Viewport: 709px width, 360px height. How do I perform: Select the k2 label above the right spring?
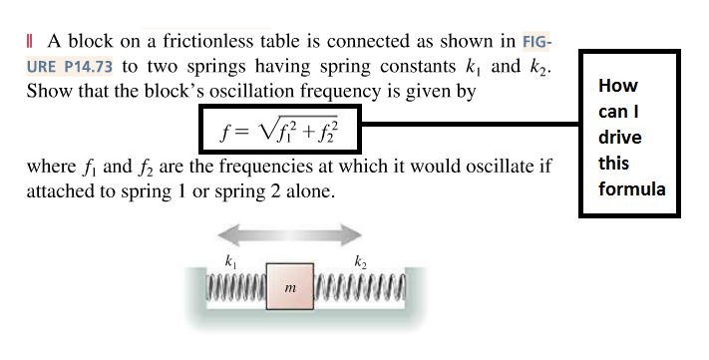(x=360, y=262)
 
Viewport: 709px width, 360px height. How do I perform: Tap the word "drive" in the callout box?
(x=620, y=137)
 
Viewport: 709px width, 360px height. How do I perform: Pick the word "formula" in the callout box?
(x=631, y=187)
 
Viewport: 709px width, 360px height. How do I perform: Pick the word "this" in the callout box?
(x=614, y=163)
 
